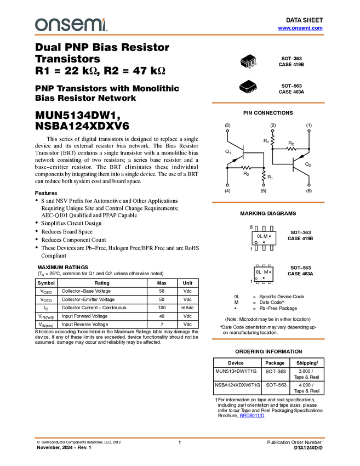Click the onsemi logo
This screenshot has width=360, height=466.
click(x=71, y=25)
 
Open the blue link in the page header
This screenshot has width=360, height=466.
click(x=300, y=28)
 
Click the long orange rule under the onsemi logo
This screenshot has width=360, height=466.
click(x=180, y=35)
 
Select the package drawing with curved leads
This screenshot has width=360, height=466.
click(x=248, y=61)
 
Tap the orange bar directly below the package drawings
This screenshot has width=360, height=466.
click(x=268, y=103)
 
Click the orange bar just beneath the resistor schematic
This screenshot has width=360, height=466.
click(x=268, y=202)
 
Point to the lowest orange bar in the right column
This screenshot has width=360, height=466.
click(x=268, y=339)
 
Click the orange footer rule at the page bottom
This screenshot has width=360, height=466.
click(x=180, y=437)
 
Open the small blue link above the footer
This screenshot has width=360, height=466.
click(x=252, y=416)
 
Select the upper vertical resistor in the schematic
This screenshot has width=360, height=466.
click(x=272, y=140)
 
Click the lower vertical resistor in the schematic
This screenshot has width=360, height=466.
click(x=264, y=176)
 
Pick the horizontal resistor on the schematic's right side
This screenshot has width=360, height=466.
click(x=291, y=149)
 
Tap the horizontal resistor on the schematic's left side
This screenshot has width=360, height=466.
click(x=245, y=167)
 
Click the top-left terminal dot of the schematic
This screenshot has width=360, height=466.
click(x=227, y=130)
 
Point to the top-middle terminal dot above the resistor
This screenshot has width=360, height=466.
click(x=273, y=130)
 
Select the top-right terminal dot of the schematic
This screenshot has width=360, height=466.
click(x=309, y=130)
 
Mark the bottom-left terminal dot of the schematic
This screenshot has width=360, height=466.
click(x=227, y=185)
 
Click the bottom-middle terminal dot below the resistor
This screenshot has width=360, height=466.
click(x=264, y=185)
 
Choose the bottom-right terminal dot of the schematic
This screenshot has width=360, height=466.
click(x=309, y=185)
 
